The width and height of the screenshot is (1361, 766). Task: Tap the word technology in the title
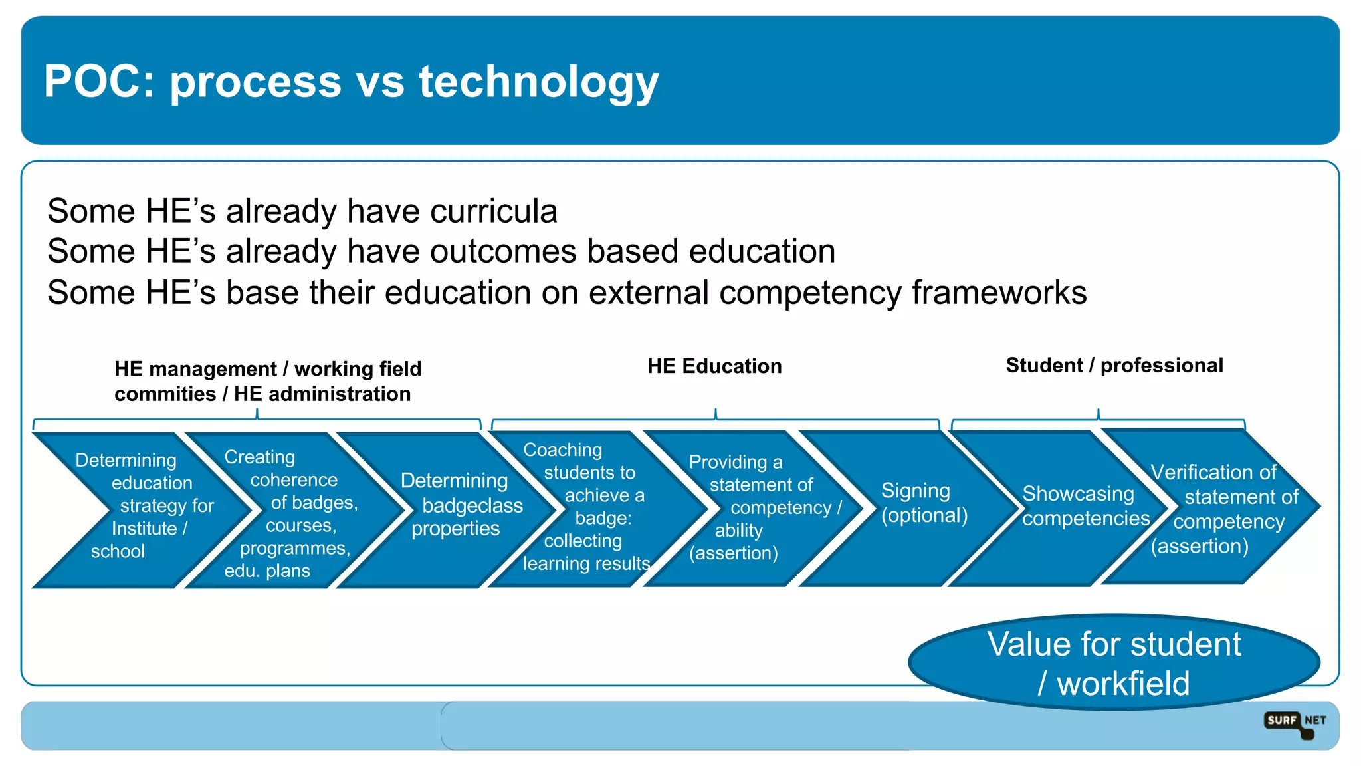[538, 82]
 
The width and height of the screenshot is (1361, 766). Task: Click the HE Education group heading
[714, 366]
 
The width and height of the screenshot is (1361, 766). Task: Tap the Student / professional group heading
[1114, 365]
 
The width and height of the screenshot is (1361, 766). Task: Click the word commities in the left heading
[165, 394]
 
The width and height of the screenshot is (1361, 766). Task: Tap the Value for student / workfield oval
[1114, 662]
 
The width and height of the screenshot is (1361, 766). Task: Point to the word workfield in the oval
[1123, 684]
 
